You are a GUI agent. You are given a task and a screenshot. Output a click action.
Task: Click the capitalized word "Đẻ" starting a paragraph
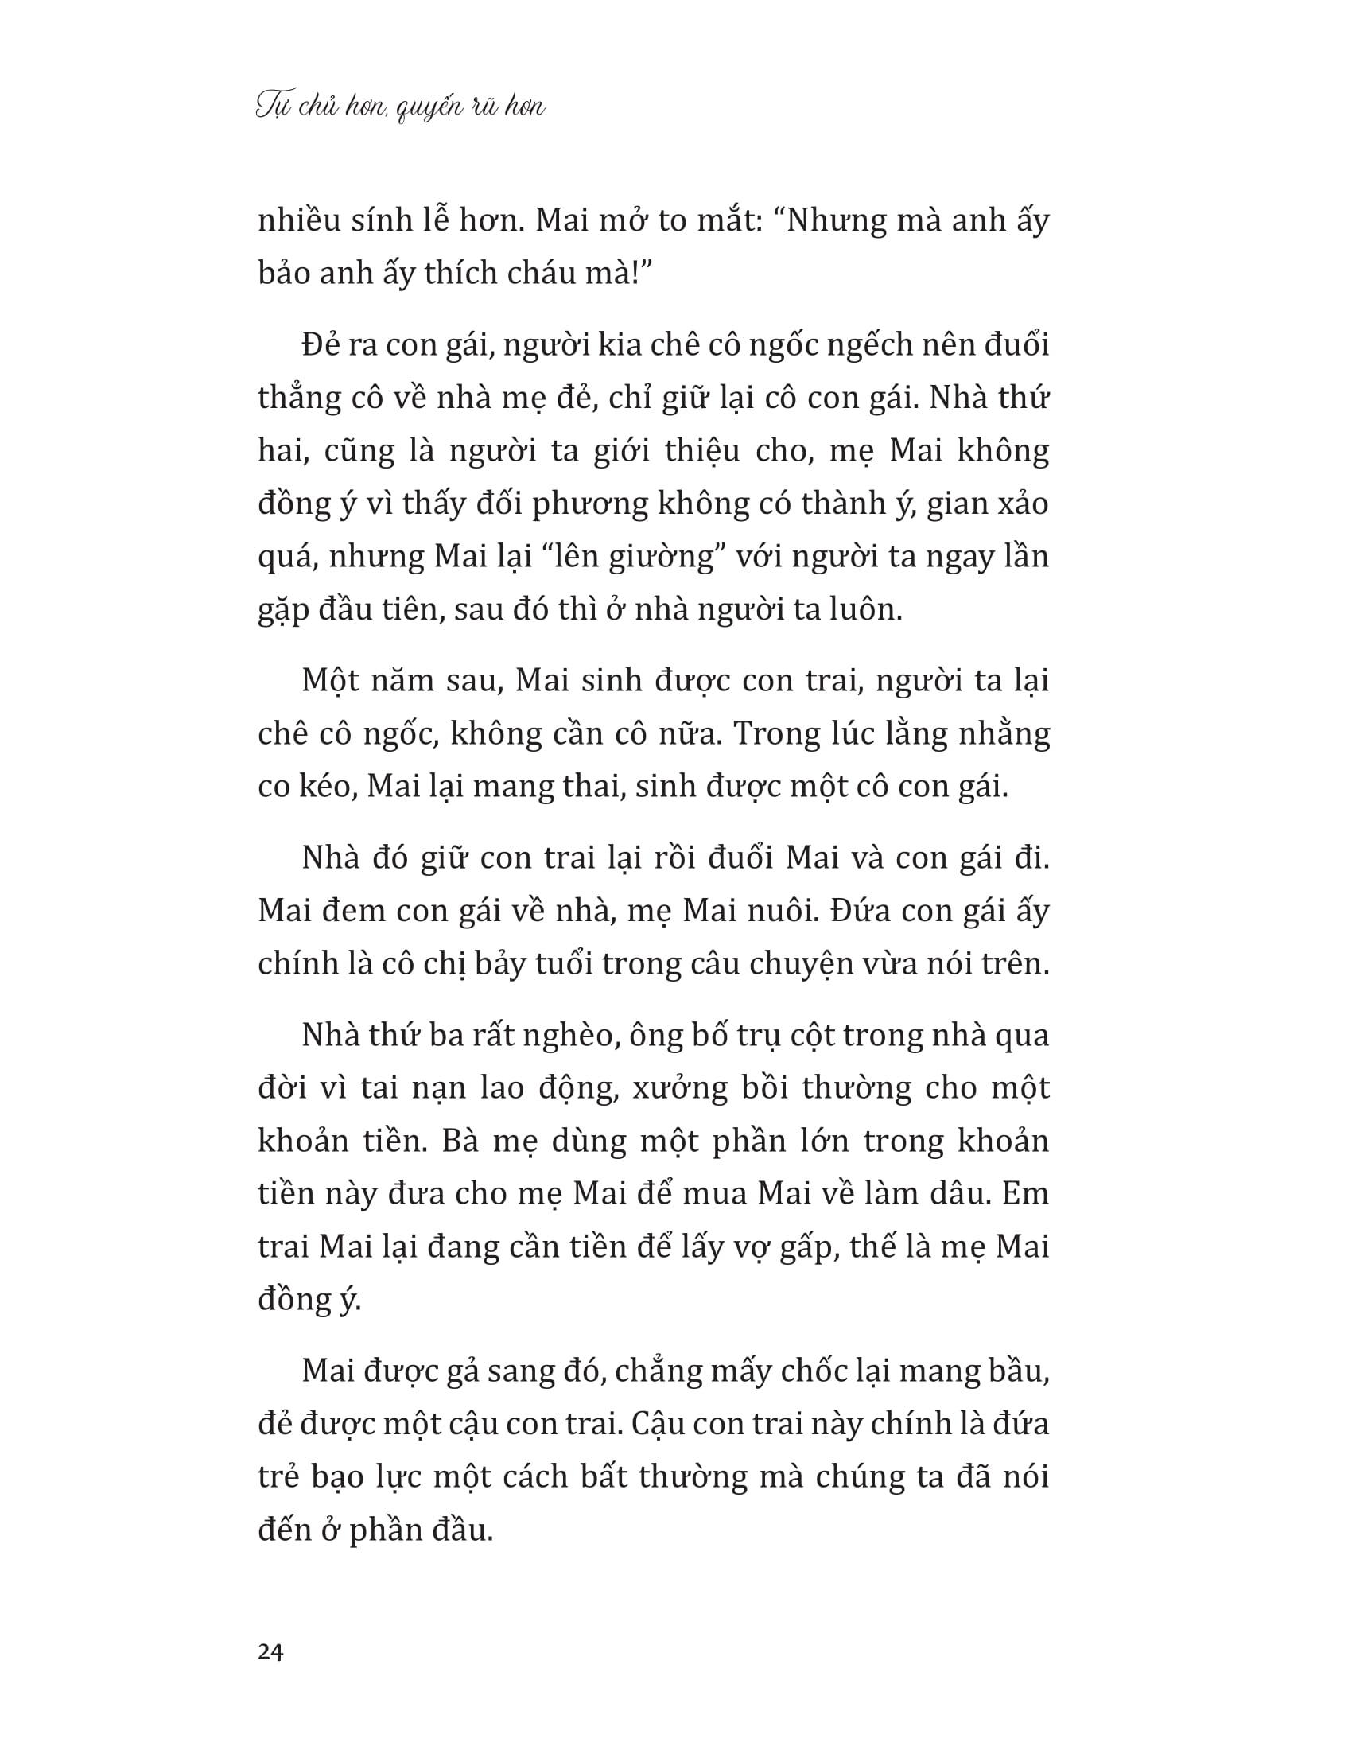pos(323,345)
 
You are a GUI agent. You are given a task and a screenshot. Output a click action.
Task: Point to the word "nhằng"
pos(1004,735)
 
